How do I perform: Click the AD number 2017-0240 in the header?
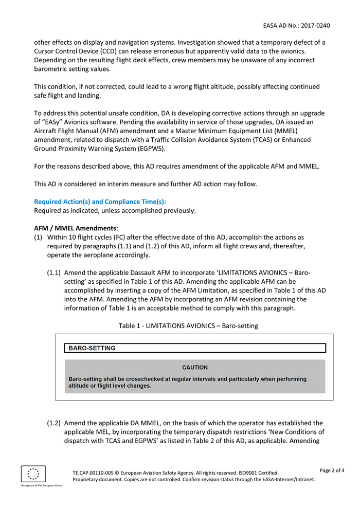tap(314, 25)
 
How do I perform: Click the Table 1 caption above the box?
tap(188, 325)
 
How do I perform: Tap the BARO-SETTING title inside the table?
tap(92, 348)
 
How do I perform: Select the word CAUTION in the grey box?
tap(195, 368)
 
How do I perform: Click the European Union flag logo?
tap(33, 474)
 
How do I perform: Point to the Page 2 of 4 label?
tap(332, 470)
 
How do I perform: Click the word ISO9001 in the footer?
tap(238, 473)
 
